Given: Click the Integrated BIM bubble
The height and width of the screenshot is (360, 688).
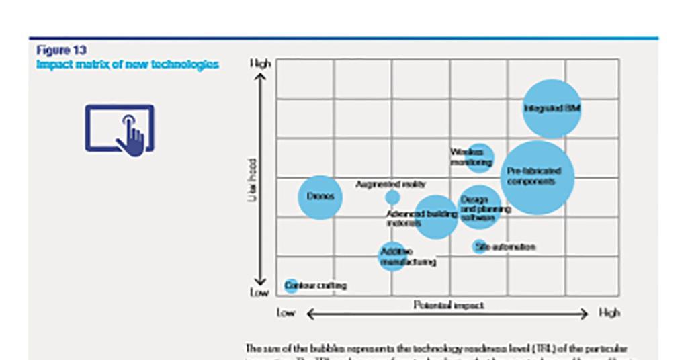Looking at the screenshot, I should (552, 109).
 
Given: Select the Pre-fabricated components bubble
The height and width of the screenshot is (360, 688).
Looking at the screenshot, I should (537, 177).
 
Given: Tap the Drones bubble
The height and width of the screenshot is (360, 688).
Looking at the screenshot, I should (320, 197).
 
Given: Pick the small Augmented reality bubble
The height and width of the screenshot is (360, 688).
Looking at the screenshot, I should (392, 197).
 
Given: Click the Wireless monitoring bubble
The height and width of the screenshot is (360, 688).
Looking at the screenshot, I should (480, 157).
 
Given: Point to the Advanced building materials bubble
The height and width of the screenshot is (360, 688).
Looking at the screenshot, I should (436, 216).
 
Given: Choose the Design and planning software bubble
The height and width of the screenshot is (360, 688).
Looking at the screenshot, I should (479, 207).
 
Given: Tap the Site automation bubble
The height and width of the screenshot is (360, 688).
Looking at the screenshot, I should (479, 246).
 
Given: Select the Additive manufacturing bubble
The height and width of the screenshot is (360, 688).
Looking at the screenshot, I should (392, 256).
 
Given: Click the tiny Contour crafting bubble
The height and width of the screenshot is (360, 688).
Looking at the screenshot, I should (291, 286).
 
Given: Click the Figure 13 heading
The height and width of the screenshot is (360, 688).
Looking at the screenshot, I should (61, 50).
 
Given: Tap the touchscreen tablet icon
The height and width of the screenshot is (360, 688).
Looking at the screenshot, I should (120, 129).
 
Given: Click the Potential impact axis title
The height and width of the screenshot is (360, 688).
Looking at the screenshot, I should (448, 305).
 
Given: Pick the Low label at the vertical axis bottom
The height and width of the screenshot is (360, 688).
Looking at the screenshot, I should (260, 293).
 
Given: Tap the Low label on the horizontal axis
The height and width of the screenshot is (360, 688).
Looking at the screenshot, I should (286, 313).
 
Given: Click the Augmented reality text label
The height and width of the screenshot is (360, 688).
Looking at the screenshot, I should (390, 184).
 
